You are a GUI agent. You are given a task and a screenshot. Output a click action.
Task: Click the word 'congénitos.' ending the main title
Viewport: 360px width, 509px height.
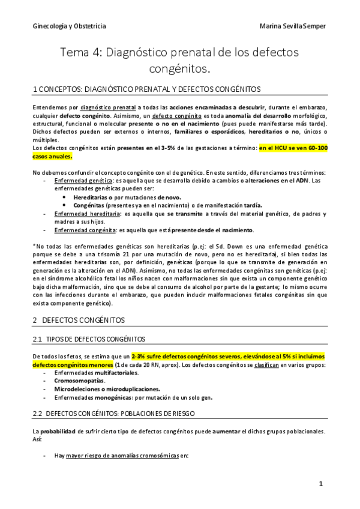(x=179, y=70)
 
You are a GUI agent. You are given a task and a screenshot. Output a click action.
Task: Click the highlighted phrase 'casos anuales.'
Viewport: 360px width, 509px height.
(x=52, y=156)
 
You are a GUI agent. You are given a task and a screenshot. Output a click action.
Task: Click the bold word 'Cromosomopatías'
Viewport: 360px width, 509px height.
(x=79, y=381)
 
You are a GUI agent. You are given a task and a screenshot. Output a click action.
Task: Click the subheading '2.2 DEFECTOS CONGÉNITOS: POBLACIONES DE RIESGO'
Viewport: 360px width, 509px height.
(x=120, y=414)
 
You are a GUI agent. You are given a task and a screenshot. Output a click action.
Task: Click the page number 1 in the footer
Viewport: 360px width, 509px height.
(x=321, y=484)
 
